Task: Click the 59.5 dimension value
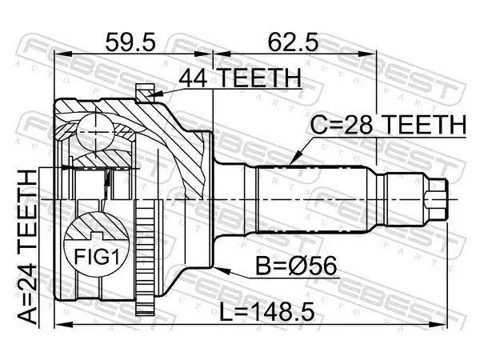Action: point(130,42)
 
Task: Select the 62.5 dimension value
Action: point(293,42)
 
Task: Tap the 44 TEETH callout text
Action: point(240,78)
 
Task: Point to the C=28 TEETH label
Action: point(388,125)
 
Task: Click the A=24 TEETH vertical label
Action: point(27,247)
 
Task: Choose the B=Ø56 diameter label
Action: point(296,266)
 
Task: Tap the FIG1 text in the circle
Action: point(96,257)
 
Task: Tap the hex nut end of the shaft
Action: point(437,199)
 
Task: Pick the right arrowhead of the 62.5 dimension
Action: point(367,54)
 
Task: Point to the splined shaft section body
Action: point(312,199)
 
